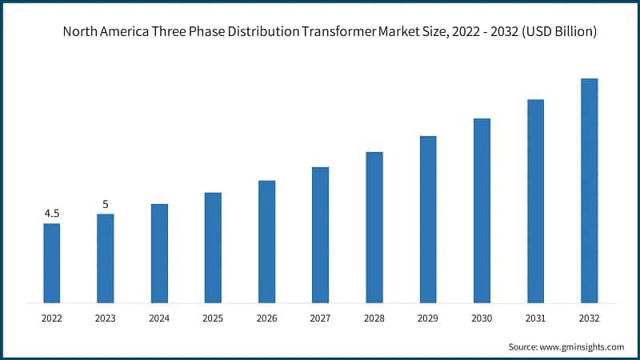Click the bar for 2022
click(52, 263)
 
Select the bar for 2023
click(106, 258)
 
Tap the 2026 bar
click(266, 242)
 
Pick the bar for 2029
click(428, 219)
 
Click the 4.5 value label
click(52, 214)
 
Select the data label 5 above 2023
click(106, 205)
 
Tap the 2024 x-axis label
click(159, 318)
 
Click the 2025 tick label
click(213, 318)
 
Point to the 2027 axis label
click(320, 318)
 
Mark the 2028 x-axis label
click(374, 318)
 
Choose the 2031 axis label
click(535, 318)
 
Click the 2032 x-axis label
click(589, 318)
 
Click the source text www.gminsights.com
click(582, 346)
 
